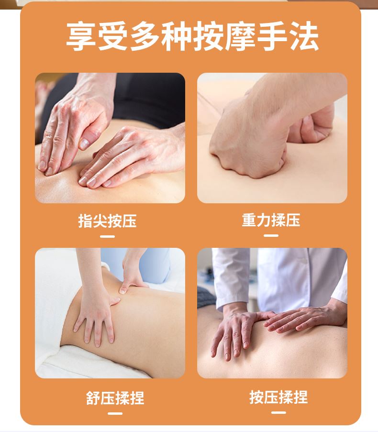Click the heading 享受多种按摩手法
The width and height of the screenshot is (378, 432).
pos(192,36)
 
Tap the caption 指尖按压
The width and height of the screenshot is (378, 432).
pos(108,221)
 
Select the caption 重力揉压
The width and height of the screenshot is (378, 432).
pos(271,220)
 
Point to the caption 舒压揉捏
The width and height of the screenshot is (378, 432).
pos(115,398)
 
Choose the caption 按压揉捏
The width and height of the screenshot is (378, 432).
pos(278,397)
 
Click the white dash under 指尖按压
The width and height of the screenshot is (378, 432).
pos(108,236)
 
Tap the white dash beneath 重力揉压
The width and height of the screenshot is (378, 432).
pos(271,235)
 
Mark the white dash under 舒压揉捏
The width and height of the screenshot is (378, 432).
pos(115,413)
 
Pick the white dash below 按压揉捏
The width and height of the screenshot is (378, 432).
pos(278,412)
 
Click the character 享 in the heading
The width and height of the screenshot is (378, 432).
pos(81,36)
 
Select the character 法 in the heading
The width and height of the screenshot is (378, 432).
pos(304,36)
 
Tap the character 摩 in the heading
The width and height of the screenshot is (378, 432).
pos(240,36)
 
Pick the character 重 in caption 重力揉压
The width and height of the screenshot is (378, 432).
pos(249,220)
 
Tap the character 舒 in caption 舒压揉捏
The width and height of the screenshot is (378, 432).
pos(93,398)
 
